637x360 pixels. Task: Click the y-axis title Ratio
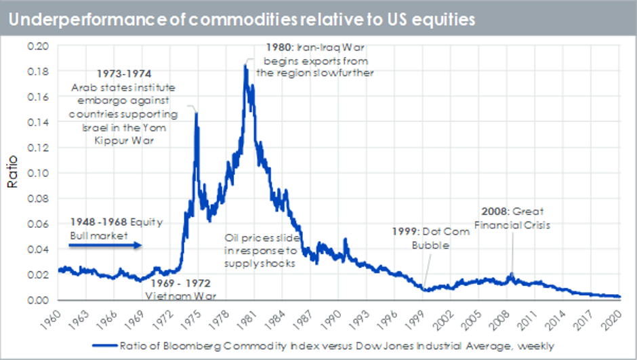coord(13,173)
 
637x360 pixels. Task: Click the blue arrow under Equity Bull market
coord(105,245)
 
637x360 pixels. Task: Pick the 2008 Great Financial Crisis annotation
coord(512,218)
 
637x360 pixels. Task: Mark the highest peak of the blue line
coord(245,65)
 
